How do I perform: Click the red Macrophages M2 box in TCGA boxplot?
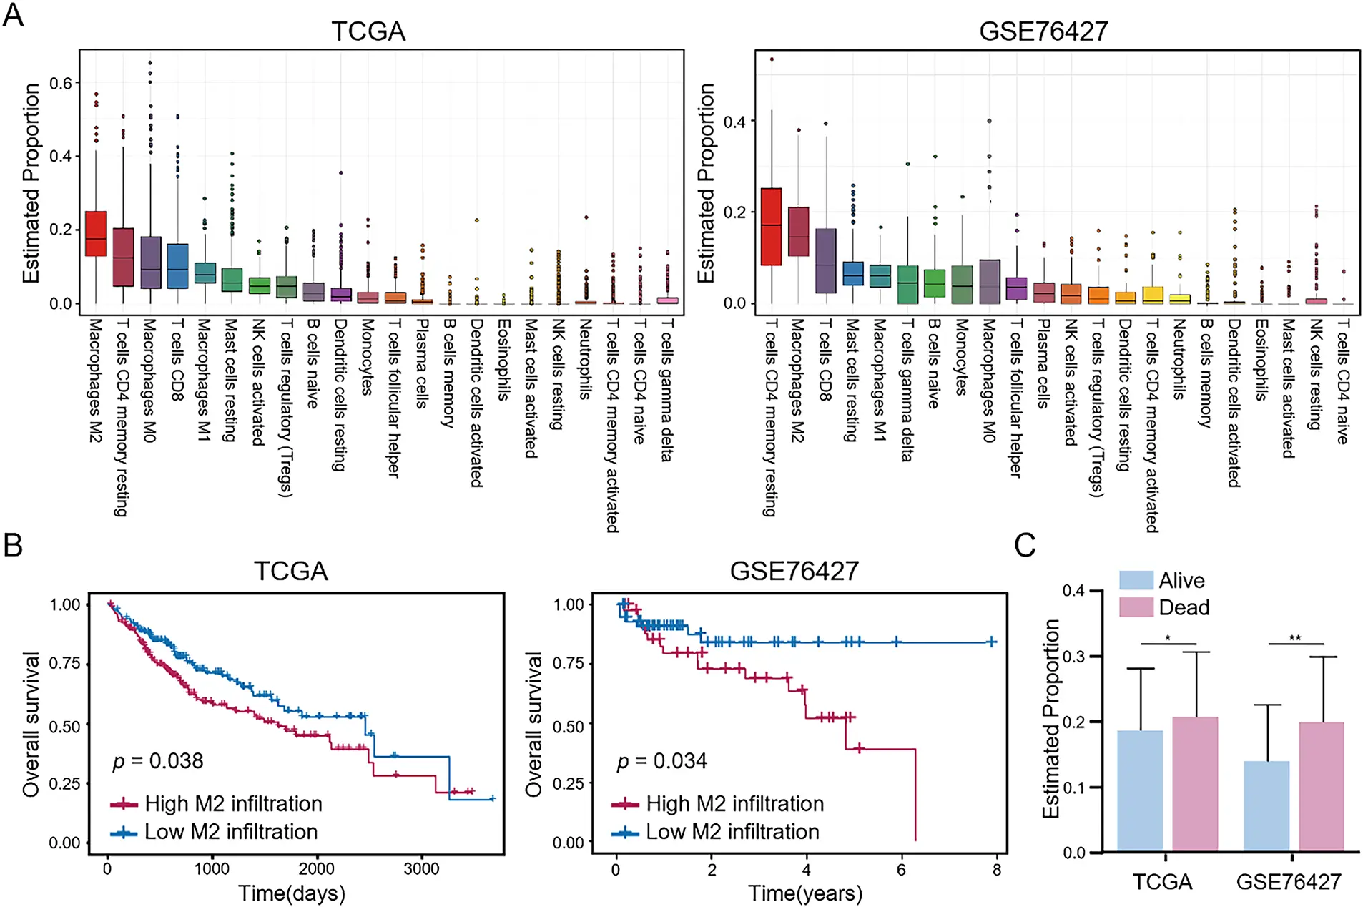[x=96, y=233]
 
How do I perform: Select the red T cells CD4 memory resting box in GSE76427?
[x=771, y=227]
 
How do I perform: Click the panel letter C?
[x=1025, y=546]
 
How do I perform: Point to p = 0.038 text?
[x=158, y=760]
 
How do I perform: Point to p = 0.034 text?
[x=661, y=760]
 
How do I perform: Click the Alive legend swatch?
[x=1136, y=580]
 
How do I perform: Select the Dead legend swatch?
[x=1136, y=607]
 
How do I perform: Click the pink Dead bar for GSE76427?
[x=1322, y=786]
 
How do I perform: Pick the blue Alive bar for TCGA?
[x=1140, y=790]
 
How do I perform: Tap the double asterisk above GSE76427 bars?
[x=1295, y=638]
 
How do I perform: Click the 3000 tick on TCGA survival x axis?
[x=421, y=869]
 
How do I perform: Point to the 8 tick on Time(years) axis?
[x=997, y=870]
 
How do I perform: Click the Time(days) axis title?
[x=291, y=893]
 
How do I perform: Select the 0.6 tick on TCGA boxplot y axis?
[x=60, y=83]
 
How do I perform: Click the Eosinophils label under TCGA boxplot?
[x=503, y=359]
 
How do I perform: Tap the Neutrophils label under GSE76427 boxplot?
[x=1179, y=359]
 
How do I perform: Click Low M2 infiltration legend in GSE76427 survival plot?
[x=732, y=832]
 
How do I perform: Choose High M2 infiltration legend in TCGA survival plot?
[x=232, y=804]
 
